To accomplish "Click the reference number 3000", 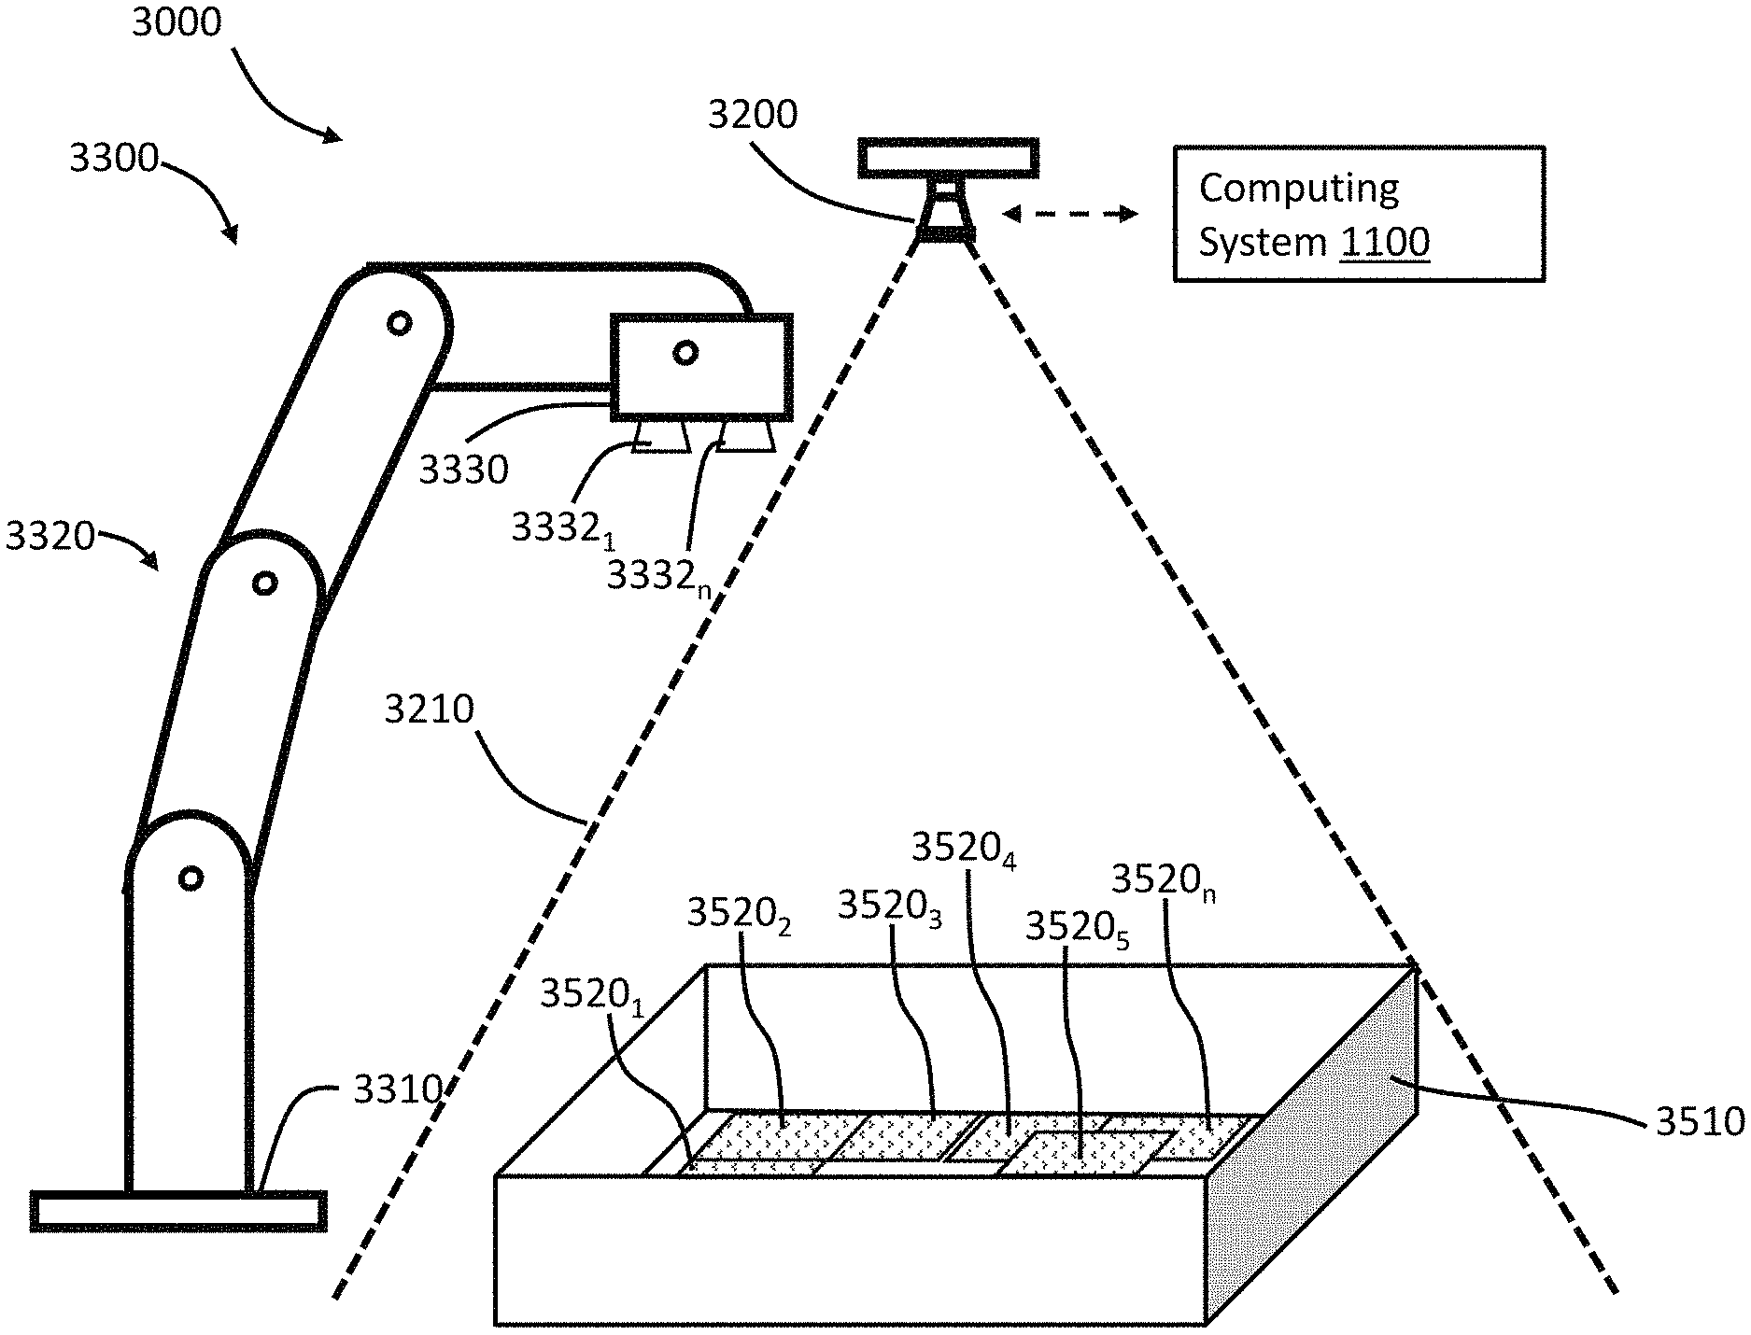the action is tap(177, 22).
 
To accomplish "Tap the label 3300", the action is tap(114, 158).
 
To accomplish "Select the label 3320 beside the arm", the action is tap(50, 537).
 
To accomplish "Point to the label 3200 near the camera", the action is tap(753, 115).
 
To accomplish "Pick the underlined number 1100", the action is tap(1385, 242).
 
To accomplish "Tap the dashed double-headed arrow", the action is tap(1070, 214).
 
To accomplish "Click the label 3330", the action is tap(463, 470).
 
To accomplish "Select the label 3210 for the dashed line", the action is tap(430, 710).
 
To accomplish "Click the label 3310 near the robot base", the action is tap(397, 1089).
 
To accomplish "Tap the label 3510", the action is tap(1700, 1121).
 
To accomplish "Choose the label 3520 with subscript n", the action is tap(1164, 881).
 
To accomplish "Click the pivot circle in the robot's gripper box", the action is tap(685, 353).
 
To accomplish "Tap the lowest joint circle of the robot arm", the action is tap(191, 878).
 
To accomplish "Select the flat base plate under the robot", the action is tap(178, 1211).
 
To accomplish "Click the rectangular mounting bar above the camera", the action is tap(949, 157).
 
